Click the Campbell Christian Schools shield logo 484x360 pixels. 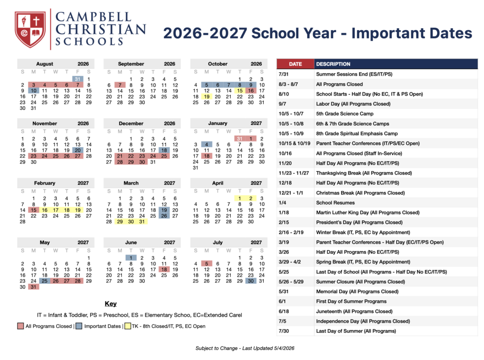click(30, 29)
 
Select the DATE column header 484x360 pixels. click(295, 64)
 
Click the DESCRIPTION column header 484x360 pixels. click(333, 64)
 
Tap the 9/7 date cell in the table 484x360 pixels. click(283, 104)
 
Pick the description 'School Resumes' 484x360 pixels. click(335, 203)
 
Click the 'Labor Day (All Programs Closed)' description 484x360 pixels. click(353, 104)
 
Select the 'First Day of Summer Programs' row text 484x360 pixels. click(351, 301)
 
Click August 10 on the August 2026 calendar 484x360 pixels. click(34, 91)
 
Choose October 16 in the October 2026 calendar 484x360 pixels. click(251, 91)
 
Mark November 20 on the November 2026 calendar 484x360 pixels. click(78, 150)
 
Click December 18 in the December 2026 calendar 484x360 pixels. click(164, 150)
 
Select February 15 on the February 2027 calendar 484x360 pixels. click(34, 210)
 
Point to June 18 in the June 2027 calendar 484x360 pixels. click(164, 270)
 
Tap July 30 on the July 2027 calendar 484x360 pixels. click(251, 281)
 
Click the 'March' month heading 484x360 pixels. click(131, 183)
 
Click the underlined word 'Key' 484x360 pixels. click(111, 304)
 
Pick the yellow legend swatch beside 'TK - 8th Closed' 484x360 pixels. click(128, 326)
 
